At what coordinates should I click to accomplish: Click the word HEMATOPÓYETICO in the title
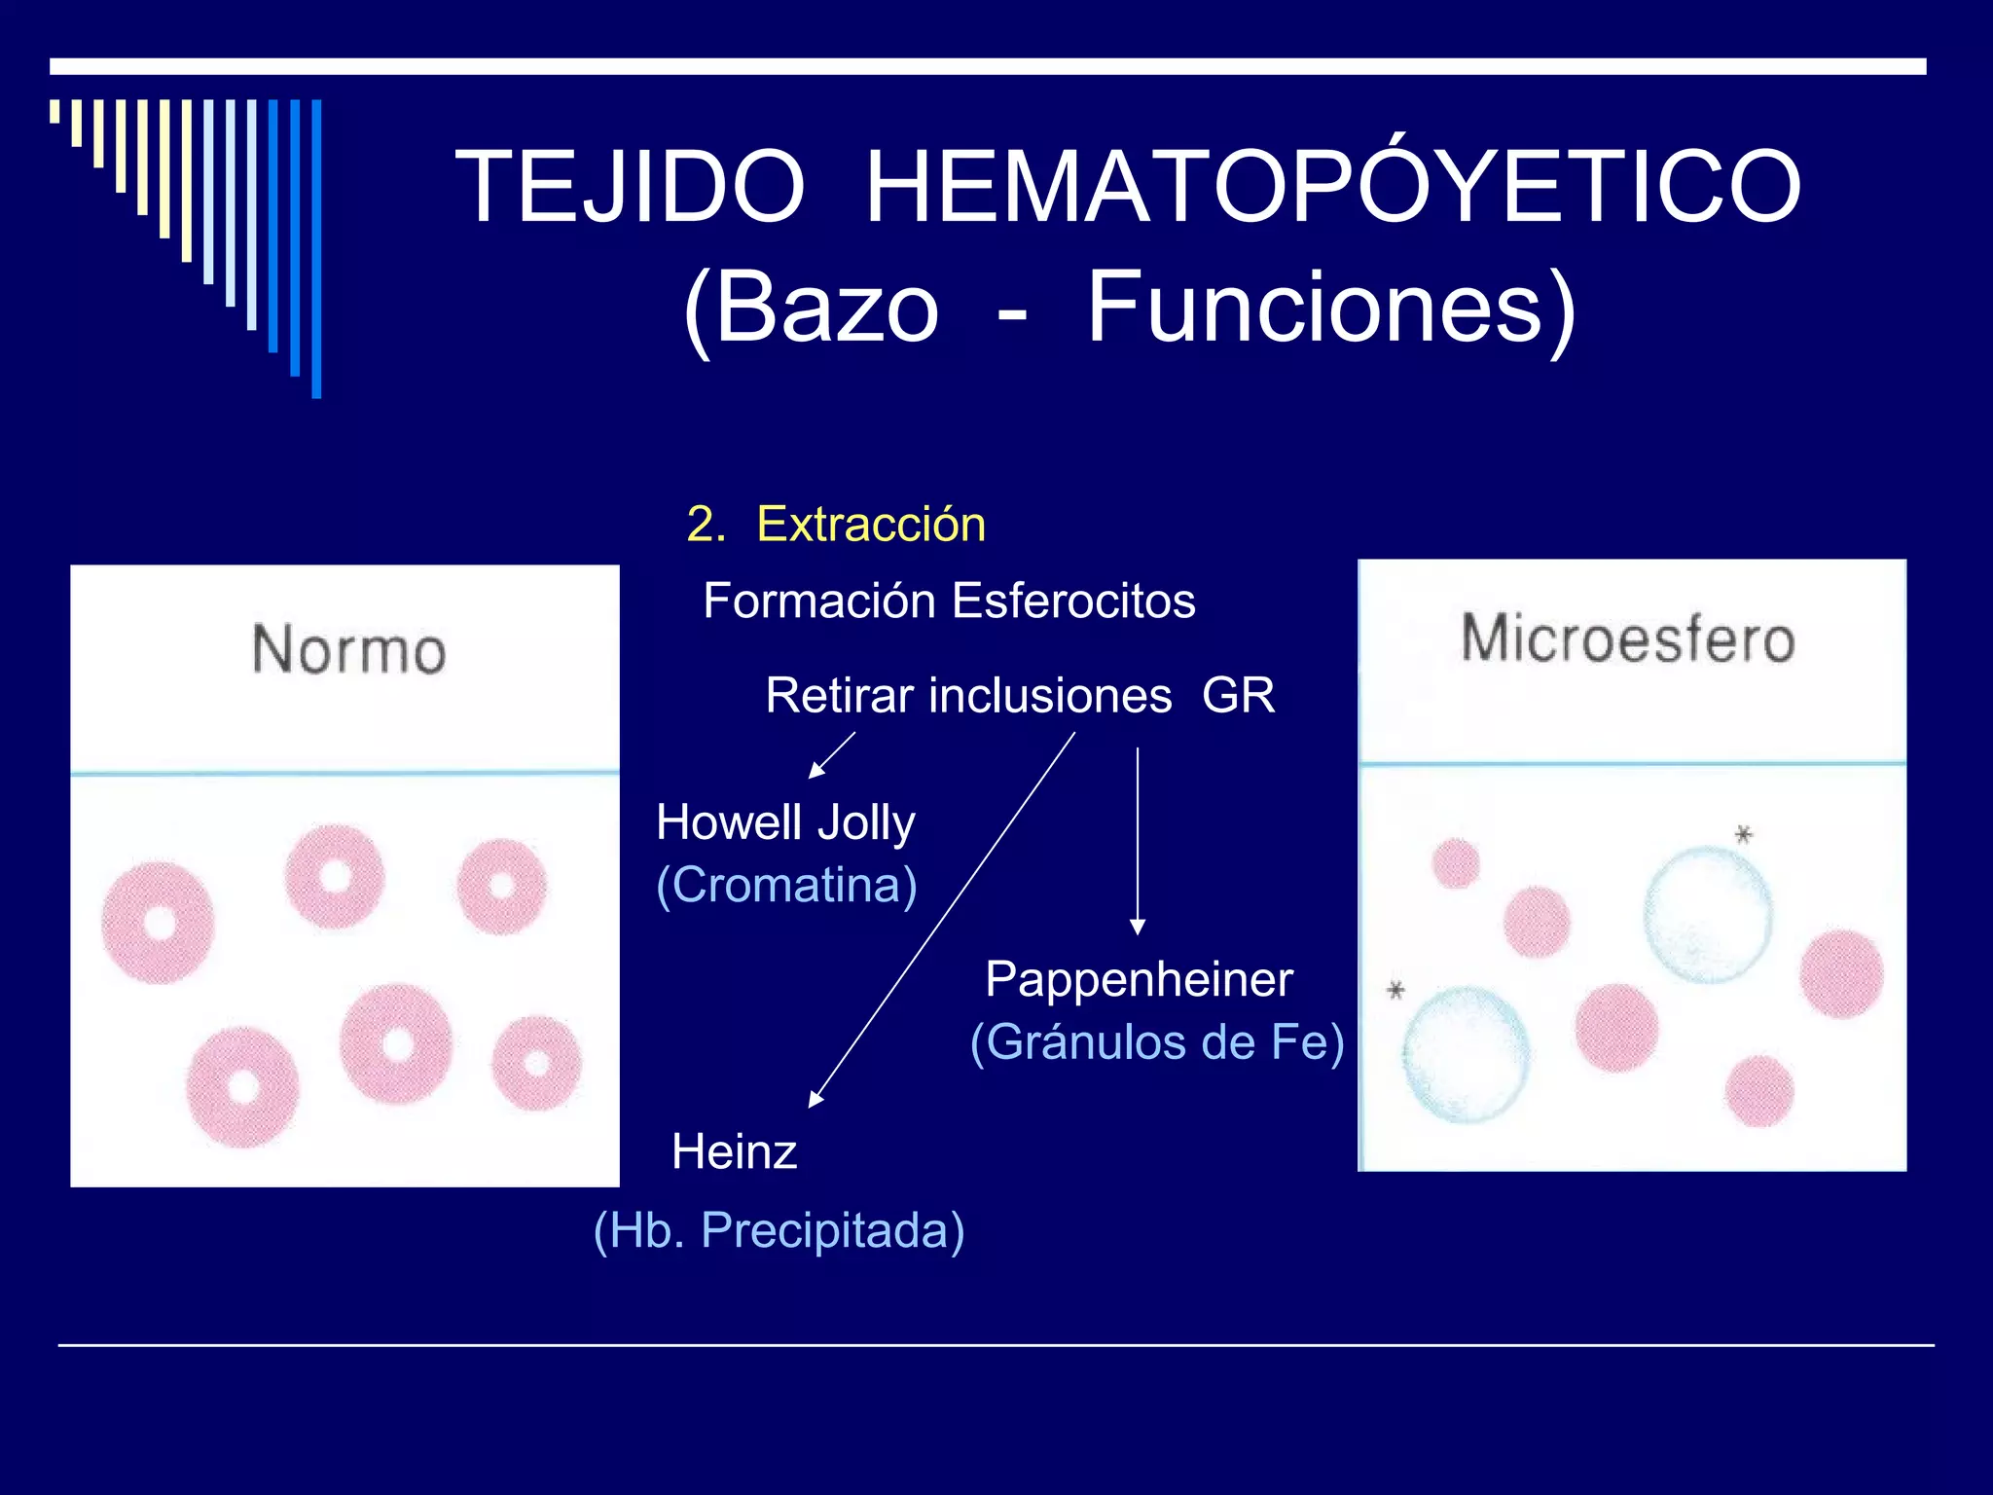(1332, 187)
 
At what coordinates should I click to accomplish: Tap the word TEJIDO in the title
(630, 187)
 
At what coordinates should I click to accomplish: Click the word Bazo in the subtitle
(827, 308)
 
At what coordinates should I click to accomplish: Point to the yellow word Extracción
(870, 525)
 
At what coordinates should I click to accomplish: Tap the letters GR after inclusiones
(1238, 696)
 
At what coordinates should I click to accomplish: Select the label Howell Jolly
(785, 822)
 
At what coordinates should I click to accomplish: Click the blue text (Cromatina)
(786, 886)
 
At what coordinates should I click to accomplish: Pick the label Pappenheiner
(1139, 979)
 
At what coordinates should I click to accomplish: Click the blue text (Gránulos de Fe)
(1157, 1042)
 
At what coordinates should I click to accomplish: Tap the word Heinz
(735, 1152)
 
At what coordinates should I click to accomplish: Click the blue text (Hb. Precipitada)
(779, 1230)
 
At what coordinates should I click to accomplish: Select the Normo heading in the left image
(348, 650)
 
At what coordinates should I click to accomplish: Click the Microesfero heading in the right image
(1628, 639)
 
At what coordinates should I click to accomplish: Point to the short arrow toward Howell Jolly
(831, 755)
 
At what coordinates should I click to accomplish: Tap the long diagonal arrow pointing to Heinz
(942, 920)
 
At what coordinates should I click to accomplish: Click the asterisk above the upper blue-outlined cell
(1743, 834)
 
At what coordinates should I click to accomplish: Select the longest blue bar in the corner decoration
(316, 248)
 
